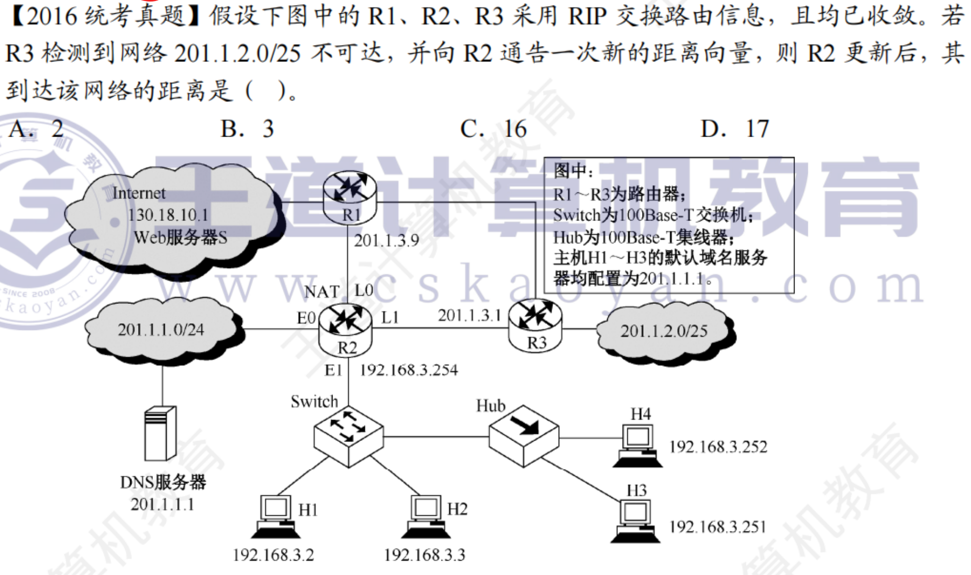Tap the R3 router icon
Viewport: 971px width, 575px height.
535,325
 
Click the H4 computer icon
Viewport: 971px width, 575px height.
637,446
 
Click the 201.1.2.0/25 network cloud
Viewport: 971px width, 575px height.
664,331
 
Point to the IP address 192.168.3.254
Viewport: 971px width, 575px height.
409,370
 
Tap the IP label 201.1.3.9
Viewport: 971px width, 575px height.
387,240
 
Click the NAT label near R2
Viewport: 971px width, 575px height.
322,292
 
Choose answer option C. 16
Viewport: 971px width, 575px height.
493,129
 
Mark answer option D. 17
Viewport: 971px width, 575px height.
735,129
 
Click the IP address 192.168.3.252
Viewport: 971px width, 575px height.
718,447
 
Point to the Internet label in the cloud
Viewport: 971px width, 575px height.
139,193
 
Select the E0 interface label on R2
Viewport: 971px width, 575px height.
306,318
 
